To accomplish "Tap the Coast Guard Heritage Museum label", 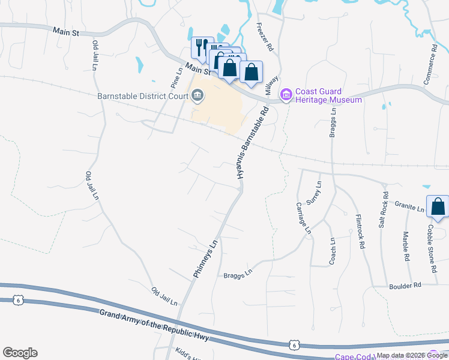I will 328,95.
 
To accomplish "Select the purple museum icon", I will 286,95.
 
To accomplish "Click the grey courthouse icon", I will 197,95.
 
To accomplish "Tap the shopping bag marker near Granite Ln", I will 438,206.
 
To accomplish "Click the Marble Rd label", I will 406,245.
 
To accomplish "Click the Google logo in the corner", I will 20,353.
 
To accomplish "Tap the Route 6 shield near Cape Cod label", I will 294,345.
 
